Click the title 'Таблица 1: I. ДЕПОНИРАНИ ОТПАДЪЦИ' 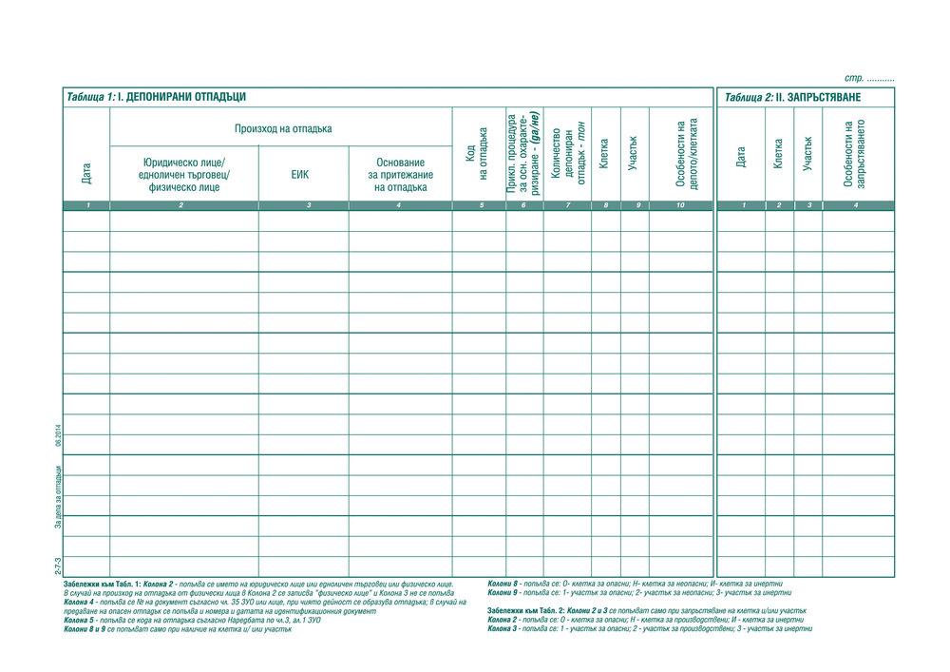point(157,97)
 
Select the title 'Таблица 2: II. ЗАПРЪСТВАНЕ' point(792,97)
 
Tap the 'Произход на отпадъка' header point(283,128)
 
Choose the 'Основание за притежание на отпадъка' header point(400,175)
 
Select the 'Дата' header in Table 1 point(86,172)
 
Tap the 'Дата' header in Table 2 point(741,156)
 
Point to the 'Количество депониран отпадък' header point(568,154)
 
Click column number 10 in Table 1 point(680,205)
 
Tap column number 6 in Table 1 point(523,205)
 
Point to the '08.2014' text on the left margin point(58,440)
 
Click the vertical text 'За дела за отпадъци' point(58,497)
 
